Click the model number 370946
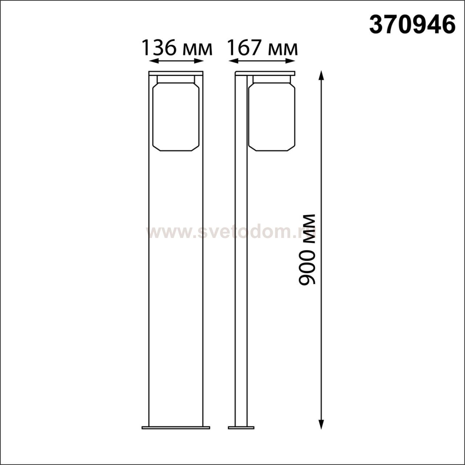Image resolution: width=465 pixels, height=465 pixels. (412, 25)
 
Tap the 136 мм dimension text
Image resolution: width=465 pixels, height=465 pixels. (177, 48)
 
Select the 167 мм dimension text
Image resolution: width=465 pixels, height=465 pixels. (262, 48)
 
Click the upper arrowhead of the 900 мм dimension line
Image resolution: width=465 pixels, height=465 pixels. (321, 75)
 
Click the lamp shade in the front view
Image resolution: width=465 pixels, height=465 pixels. (176, 116)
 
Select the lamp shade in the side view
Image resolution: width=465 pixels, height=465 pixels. (271, 116)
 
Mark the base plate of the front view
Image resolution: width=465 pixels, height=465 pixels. (176, 428)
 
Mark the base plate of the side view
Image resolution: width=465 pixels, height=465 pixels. (241, 428)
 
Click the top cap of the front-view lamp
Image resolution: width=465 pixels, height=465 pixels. (176, 73)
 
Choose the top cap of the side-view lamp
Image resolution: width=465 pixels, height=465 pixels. (265, 73)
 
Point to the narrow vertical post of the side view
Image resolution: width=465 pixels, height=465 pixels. (241, 254)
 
